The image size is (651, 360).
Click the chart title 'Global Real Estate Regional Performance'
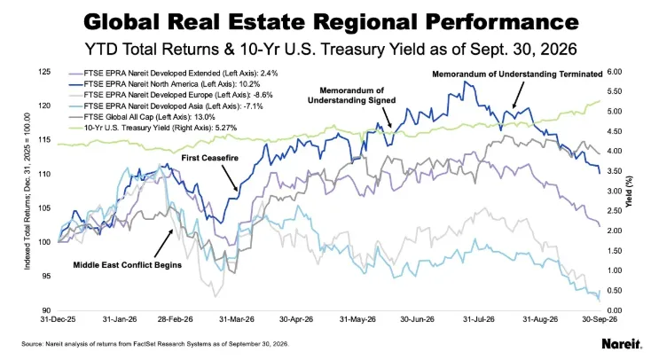coord(332,21)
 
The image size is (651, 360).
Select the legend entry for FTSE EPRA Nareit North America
coord(164,84)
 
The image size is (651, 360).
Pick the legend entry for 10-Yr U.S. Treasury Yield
coord(153,128)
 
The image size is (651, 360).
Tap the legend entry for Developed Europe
coord(170,95)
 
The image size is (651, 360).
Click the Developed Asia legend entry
coord(166,106)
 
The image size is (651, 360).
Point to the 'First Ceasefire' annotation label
coord(210,158)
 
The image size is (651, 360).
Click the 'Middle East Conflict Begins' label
coord(128,264)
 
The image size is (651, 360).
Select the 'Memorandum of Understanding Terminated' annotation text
coord(517,74)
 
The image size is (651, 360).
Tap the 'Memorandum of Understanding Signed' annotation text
coord(351,95)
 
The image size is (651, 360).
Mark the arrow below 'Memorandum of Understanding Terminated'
coord(518,95)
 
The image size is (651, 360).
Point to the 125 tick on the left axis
coord(45,72)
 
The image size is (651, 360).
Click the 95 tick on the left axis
coord(46,276)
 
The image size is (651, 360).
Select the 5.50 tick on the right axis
coord(615,91)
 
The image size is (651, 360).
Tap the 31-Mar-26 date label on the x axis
coord(237,319)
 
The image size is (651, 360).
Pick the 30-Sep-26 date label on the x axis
coord(600,319)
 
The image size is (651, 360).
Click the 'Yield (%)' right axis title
coord(630,192)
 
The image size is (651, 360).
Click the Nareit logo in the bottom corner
coord(622,343)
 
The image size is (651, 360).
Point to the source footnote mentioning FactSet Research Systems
coord(155,344)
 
